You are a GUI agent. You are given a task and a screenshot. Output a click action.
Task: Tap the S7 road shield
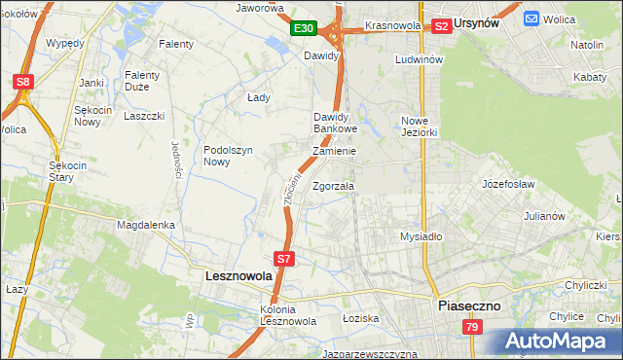(283, 259)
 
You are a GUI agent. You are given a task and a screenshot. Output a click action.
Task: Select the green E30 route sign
(304, 29)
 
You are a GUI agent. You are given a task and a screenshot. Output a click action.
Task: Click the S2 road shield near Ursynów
(441, 26)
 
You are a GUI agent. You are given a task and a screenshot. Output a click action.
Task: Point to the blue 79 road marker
(472, 328)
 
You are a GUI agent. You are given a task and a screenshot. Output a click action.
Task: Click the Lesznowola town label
(239, 276)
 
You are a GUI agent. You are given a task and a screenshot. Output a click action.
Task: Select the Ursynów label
(484, 23)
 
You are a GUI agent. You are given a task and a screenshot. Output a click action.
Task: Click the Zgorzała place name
(334, 186)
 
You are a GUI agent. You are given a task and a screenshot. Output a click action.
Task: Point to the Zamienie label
(335, 152)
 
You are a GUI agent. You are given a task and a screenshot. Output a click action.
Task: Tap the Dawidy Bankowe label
(336, 123)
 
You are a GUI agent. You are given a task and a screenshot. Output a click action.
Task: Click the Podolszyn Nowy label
(229, 156)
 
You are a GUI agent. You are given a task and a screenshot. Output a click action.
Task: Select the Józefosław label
(510, 182)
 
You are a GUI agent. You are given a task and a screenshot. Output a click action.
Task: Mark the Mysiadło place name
(421, 236)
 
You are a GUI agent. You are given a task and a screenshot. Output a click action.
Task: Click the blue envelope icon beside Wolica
(532, 18)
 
